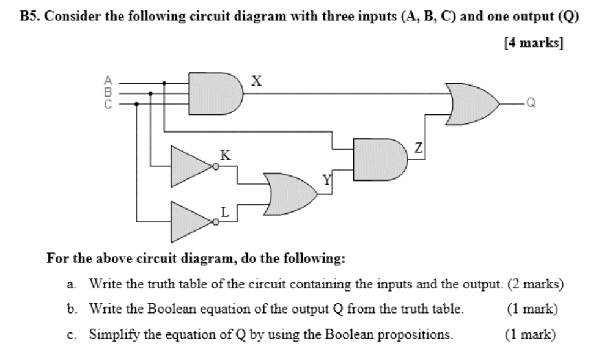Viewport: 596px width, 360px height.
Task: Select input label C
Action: pyautogui.click(x=108, y=104)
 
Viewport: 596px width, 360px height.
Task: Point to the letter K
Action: pyautogui.click(x=225, y=155)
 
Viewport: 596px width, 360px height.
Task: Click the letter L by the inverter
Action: pyautogui.click(x=225, y=212)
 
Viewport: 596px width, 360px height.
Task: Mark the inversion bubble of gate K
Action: pyautogui.click(x=216, y=166)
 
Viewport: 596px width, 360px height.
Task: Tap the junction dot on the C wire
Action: pyautogui.click(x=136, y=104)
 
